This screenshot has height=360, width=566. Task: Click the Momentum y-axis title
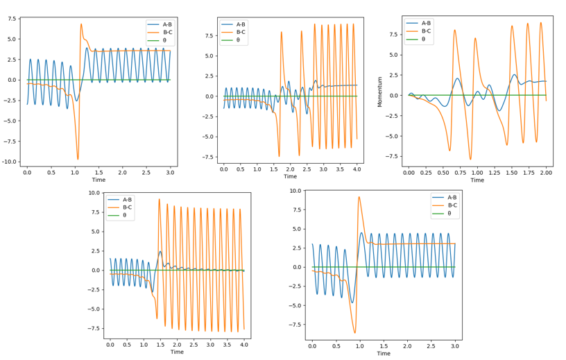coord(380,91)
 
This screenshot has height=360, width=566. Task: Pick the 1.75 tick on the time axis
coord(529,171)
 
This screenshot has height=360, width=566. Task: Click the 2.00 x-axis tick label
coord(547,171)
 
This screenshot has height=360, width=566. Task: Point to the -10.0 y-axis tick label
coord(10,162)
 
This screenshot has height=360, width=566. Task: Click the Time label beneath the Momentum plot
coord(477,180)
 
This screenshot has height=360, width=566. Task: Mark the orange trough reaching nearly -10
coord(78,159)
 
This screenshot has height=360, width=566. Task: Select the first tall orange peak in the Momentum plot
coord(454,30)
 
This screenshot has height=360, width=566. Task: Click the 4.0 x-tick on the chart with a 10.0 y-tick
coord(243,344)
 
